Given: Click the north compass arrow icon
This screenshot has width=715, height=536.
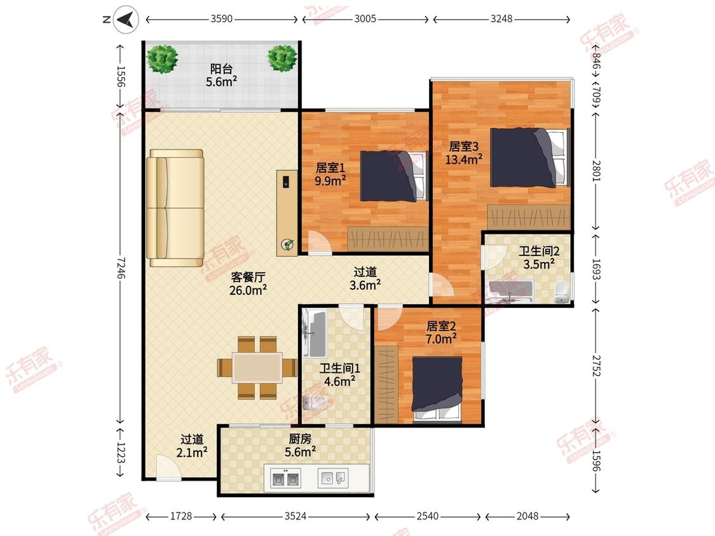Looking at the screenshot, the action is pyautogui.click(x=126, y=20).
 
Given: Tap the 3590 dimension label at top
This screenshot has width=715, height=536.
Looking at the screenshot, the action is pyautogui.click(x=222, y=19).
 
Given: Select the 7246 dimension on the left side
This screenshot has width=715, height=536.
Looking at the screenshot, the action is pyautogui.click(x=120, y=268).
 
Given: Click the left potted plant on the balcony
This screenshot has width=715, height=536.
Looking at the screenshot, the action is pyautogui.click(x=162, y=58).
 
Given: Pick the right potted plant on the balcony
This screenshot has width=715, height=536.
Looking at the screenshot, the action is pyautogui.click(x=282, y=58).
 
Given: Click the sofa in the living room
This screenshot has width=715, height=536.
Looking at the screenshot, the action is pyautogui.click(x=175, y=208).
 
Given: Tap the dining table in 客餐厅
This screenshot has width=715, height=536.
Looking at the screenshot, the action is pyautogui.click(x=257, y=367).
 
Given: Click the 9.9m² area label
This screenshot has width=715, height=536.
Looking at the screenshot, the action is pyautogui.click(x=330, y=181).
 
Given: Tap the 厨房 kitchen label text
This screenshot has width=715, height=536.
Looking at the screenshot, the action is pyautogui.click(x=300, y=438).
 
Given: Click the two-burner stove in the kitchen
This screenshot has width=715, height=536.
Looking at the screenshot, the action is pyautogui.click(x=285, y=479).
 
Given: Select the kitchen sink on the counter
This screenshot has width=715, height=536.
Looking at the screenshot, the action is pyautogui.click(x=333, y=478).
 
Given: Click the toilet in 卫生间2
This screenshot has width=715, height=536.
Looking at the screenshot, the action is pyautogui.click(x=561, y=292).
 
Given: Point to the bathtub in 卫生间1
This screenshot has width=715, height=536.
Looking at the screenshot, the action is pyautogui.click(x=315, y=334).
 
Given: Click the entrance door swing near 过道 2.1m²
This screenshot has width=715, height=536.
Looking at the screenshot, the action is pyautogui.click(x=168, y=467).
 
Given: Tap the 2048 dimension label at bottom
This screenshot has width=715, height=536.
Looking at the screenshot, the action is pyautogui.click(x=528, y=516).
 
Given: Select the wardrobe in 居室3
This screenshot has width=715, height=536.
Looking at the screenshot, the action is pyautogui.click(x=529, y=217).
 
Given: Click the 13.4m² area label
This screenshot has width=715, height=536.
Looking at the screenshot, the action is pyautogui.click(x=464, y=159).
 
